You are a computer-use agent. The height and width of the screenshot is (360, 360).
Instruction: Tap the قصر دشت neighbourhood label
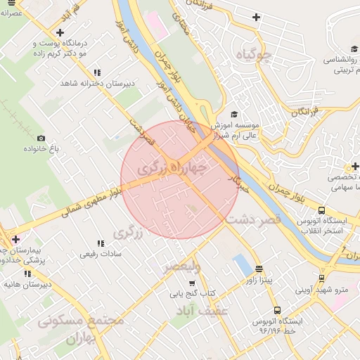tap(253, 219)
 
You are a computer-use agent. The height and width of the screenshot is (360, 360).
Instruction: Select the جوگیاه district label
tap(254, 55)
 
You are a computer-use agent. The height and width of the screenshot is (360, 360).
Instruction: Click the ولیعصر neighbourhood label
tap(182, 267)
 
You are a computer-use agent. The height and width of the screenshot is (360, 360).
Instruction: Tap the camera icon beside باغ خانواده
tap(41, 139)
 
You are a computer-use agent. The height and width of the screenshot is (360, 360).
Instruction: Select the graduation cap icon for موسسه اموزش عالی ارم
tap(234, 115)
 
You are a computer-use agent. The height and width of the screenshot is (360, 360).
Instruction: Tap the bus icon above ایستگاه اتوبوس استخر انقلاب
tap(321, 210)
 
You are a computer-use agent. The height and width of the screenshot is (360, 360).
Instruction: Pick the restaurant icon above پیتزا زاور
tap(259, 269)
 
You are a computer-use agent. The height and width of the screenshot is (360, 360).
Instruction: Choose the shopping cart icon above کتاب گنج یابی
tap(192, 283)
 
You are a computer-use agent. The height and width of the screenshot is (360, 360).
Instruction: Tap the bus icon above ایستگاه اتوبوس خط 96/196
tap(277, 309)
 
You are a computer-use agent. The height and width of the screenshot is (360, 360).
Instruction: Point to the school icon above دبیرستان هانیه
tap(28, 274)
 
